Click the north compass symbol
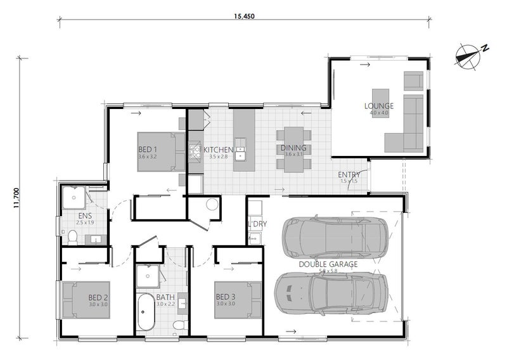(469, 56)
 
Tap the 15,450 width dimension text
(245, 16)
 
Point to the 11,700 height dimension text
(17, 198)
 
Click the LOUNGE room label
(379, 106)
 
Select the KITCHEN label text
(218, 150)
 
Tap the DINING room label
(293, 148)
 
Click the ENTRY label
(349, 175)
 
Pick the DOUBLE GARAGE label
(328, 264)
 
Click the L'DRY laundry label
(257, 224)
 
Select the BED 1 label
(148, 150)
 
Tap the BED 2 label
(98, 297)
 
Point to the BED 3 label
(226, 297)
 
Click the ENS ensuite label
(85, 215)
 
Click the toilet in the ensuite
(73, 238)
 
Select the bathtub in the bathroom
(146, 312)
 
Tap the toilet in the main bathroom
(179, 324)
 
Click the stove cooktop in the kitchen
(195, 152)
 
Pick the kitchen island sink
(240, 150)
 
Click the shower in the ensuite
(74, 197)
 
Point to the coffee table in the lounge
(381, 103)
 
